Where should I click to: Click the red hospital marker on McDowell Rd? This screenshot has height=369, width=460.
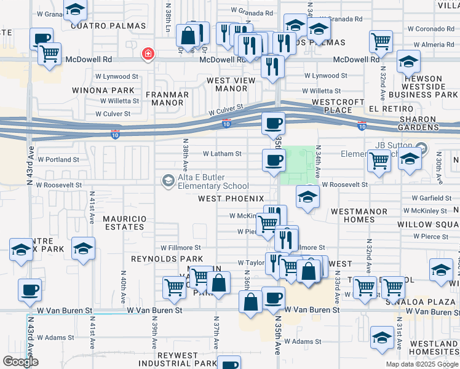coord(147,55)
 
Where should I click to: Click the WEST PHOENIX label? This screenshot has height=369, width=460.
coord(231,199)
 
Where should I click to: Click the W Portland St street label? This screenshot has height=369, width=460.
coord(58,159)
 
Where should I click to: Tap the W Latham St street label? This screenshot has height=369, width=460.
coord(222,154)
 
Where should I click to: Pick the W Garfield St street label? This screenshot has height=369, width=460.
coord(431,198)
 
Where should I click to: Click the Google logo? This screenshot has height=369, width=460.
coord(20,362)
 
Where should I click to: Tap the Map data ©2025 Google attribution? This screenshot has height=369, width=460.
coord(422,364)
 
